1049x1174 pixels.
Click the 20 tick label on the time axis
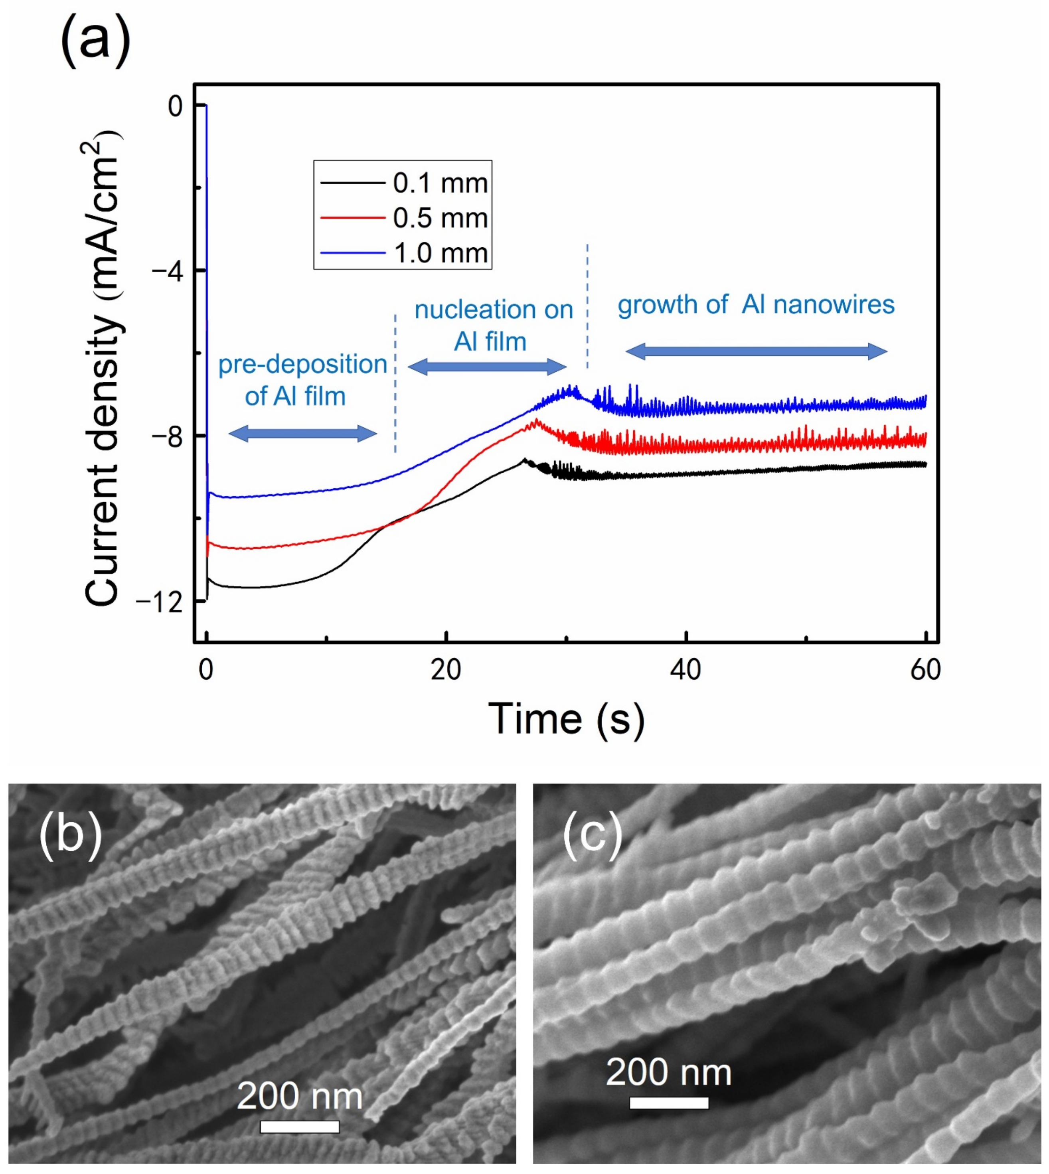pos(446,670)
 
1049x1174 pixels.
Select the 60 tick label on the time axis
pos(925,670)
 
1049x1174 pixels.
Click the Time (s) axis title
pos(566,719)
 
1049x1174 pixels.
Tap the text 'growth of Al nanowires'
pos(756,304)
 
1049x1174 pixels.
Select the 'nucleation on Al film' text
pos(493,326)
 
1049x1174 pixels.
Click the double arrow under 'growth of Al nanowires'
pos(756,351)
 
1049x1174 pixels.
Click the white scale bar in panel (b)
pos(299,1126)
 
